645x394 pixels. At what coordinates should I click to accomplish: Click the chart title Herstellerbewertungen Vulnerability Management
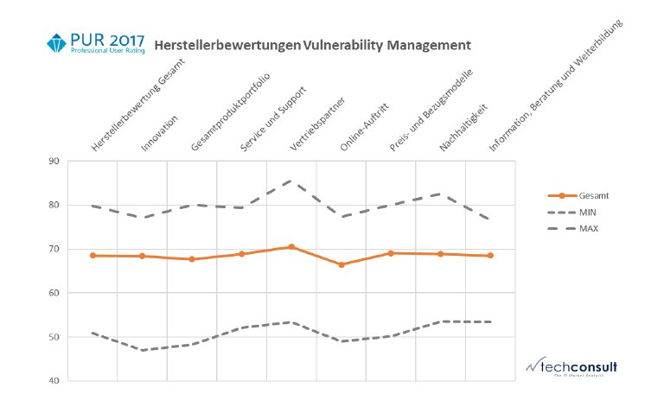click(x=312, y=43)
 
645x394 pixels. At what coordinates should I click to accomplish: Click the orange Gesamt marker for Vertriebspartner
click(x=291, y=247)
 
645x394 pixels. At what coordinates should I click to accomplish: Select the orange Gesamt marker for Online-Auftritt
click(x=341, y=264)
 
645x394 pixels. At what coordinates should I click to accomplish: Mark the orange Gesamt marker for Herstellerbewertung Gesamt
click(x=92, y=256)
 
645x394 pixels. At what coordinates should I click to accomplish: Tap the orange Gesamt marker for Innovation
click(x=142, y=256)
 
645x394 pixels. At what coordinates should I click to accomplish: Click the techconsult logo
click(x=569, y=366)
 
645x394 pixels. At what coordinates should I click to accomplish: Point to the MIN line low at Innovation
click(x=142, y=350)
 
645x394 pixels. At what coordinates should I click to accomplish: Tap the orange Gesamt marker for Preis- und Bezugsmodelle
click(x=391, y=253)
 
